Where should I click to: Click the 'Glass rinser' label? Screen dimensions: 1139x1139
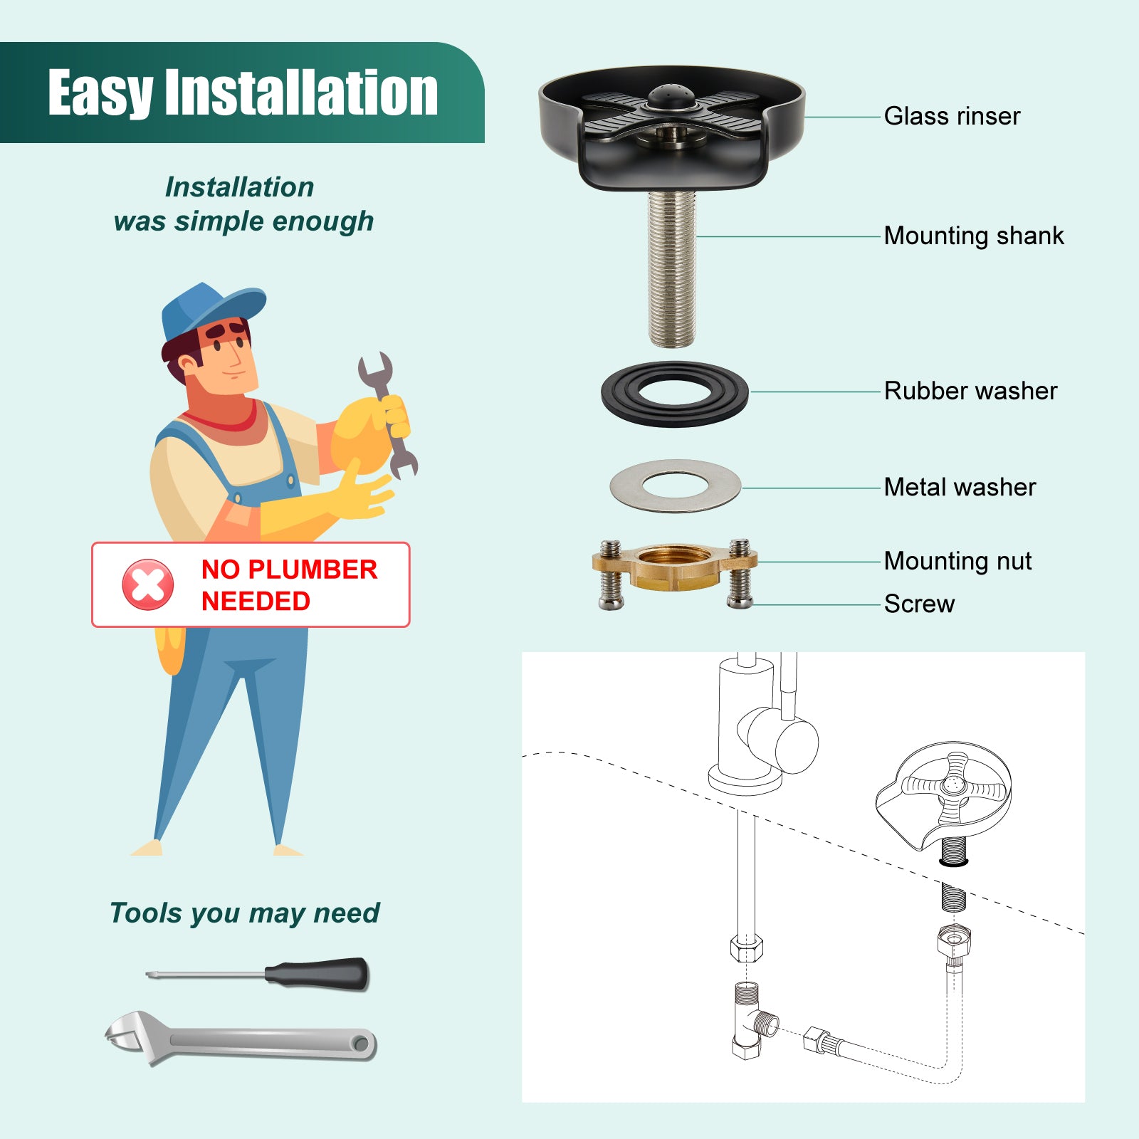pos(952,116)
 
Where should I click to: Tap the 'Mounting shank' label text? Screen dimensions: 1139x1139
pos(974,236)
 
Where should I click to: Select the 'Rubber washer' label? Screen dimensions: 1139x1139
pos(971,391)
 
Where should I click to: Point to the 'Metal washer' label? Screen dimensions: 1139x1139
pos(960,487)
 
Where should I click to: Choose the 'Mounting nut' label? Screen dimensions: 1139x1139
pos(957,561)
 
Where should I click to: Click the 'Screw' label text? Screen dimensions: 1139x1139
pos(919,604)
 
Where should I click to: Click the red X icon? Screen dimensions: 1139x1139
pos(147,584)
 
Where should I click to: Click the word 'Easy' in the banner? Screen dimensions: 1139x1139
pos(100,93)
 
